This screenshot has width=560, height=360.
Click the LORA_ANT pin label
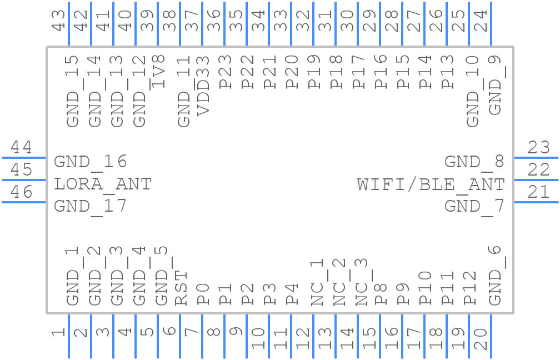(102, 184)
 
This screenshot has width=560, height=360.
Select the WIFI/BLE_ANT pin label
(431, 184)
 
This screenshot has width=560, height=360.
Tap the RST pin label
(181, 288)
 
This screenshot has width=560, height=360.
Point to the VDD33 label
(203, 86)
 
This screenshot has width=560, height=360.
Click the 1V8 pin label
(158, 72)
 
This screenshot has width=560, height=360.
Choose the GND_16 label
(91, 162)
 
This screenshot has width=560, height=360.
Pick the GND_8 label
(474, 162)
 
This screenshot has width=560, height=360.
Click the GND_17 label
(91, 207)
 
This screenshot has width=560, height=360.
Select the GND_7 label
(474, 207)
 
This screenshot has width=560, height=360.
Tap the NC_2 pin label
(339, 282)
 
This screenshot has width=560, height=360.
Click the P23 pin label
(225, 72)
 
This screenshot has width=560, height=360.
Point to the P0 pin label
(203, 294)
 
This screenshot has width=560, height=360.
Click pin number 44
(22, 147)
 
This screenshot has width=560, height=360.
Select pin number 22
(538, 169)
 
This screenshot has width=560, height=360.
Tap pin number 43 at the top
(58, 21)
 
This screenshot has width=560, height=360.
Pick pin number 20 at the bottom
(481, 339)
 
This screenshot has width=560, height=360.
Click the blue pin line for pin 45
(24, 180)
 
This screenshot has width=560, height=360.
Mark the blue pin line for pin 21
(536, 202)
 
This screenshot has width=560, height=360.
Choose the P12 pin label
(469, 288)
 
